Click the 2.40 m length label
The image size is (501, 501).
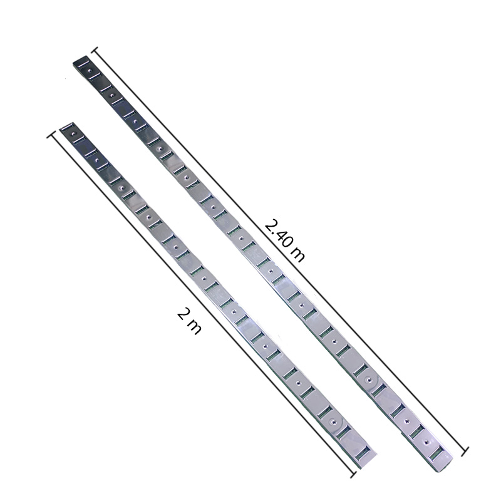pyautogui.click(x=284, y=240)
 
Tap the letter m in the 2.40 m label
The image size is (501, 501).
pyautogui.click(x=297, y=254)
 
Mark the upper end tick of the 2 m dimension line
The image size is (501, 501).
pyautogui.click(x=51, y=135)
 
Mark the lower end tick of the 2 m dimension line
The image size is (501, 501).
pyautogui.click(x=353, y=475)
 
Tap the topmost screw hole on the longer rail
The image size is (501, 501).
pyautogui.click(x=90, y=71)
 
